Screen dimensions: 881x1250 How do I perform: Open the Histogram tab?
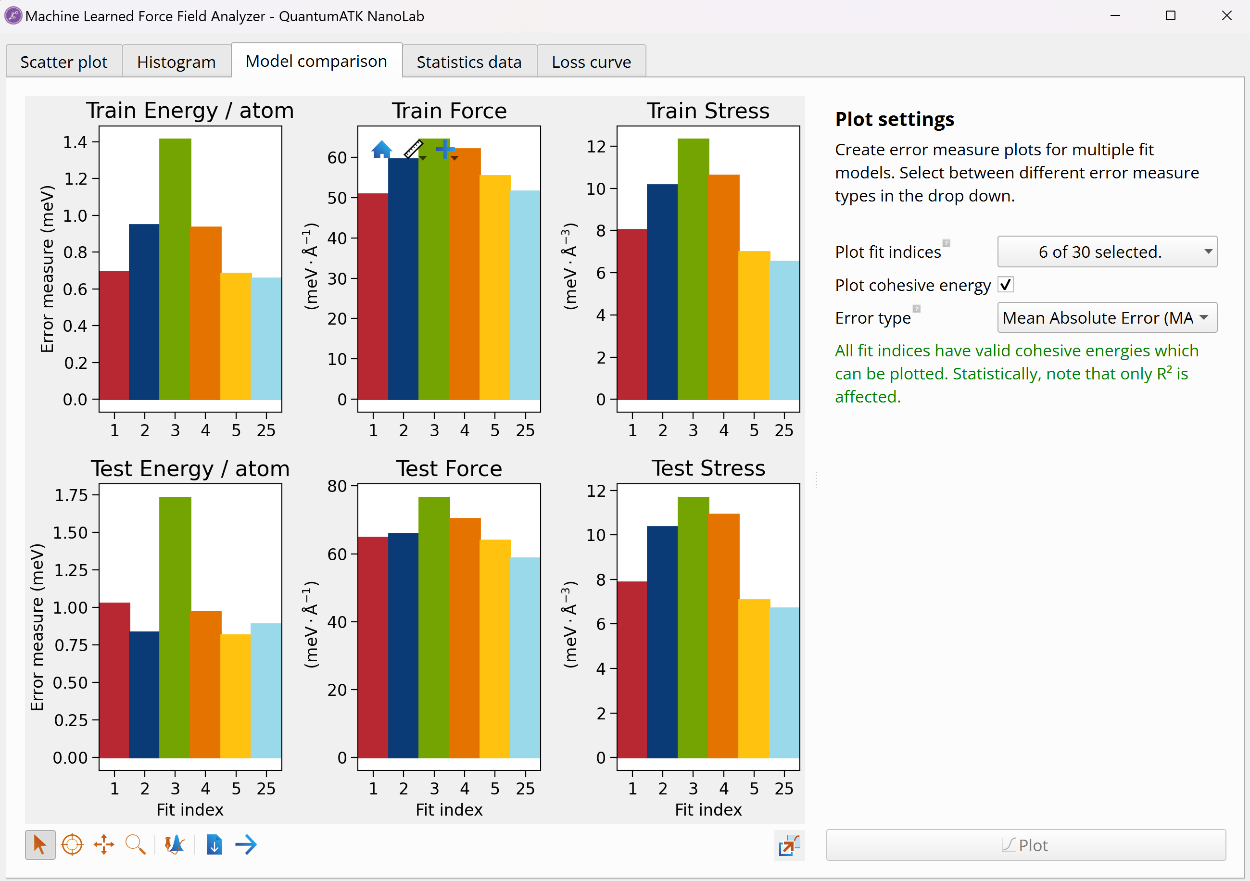pyautogui.click(x=176, y=62)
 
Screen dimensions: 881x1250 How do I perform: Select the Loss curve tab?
pyautogui.click(x=591, y=62)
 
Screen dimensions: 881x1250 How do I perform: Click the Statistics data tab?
pyautogui.click(x=469, y=62)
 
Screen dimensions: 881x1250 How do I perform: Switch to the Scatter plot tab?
pyautogui.click(x=63, y=62)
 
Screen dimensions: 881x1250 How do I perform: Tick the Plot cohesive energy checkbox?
pyautogui.click(x=1005, y=285)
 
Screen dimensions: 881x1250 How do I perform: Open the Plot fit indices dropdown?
pyautogui.click(x=1107, y=252)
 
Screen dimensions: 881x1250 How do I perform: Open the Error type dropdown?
pyautogui.click(x=1107, y=317)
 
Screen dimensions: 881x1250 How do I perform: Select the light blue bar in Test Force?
pyautogui.click(x=525, y=659)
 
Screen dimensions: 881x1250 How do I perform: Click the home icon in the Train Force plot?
pyautogui.click(x=382, y=149)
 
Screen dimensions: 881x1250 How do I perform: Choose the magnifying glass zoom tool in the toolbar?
pyautogui.click(x=135, y=844)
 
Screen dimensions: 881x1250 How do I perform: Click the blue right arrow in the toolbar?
pyautogui.click(x=246, y=844)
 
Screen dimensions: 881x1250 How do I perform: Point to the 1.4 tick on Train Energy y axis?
pyautogui.click(x=75, y=143)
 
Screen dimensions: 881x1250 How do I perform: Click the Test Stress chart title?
pyautogui.click(x=708, y=468)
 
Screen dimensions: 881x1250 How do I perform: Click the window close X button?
pyautogui.click(x=1226, y=16)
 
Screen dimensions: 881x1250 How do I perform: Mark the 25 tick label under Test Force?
pyautogui.click(x=525, y=789)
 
